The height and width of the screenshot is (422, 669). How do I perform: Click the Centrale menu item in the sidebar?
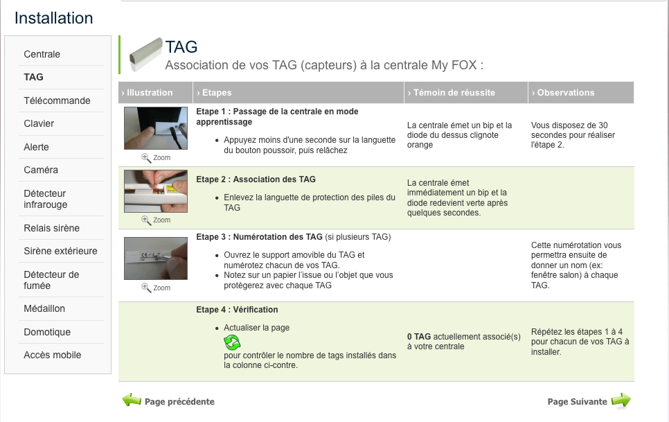tap(42, 54)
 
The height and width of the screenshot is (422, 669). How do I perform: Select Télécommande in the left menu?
tap(57, 100)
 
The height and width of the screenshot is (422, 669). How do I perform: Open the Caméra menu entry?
tap(41, 170)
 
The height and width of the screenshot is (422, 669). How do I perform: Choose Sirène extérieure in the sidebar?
tap(60, 251)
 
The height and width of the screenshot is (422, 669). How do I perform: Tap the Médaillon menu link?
tap(44, 308)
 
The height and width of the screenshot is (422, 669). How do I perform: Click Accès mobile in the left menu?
tap(52, 355)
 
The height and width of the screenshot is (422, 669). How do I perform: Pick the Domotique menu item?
tap(47, 332)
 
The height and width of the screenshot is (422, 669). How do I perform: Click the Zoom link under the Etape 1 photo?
tap(156, 158)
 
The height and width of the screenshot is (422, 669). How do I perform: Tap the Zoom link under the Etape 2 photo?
tap(156, 220)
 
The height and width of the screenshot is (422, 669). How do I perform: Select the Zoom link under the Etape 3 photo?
tap(156, 288)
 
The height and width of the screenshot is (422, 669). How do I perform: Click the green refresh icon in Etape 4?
tap(232, 342)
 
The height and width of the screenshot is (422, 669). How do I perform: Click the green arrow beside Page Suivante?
tap(621, 401)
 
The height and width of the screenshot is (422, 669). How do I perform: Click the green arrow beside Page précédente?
tap(132, 401)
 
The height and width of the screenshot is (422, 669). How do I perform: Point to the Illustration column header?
tap(147, 93)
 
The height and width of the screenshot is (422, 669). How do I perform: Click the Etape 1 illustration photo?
tap(156, 128)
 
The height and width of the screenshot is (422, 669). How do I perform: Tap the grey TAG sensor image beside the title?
tap(146, 55)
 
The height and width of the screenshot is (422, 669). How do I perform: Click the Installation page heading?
tap(54, 18)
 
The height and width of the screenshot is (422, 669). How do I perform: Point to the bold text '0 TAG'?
tap(418, 337)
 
